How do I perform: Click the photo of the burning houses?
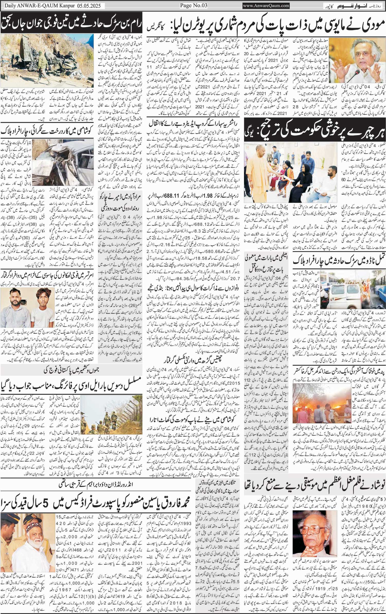point(322,405)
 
